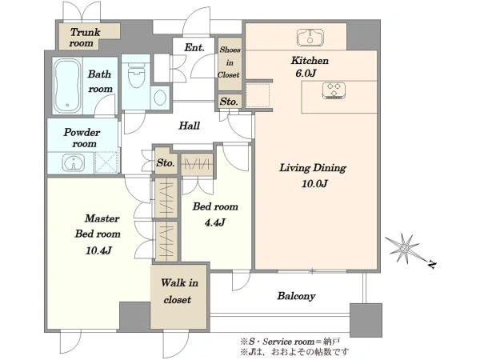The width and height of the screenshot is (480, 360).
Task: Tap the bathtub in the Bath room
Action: [67, 86]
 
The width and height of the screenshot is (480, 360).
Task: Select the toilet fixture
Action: [136, 75]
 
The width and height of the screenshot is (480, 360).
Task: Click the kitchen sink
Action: [310, 38]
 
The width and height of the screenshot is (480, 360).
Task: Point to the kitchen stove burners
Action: [334, 90]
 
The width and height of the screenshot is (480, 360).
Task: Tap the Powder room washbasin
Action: [74, 162]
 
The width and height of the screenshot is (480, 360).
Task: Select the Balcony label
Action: [296, 296]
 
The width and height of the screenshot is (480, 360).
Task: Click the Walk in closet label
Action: [179, 291]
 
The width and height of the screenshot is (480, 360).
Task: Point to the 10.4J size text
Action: [98, 250]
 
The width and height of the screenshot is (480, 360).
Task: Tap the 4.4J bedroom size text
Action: [214, 222]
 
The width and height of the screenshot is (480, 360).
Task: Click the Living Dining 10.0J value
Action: [314, 184]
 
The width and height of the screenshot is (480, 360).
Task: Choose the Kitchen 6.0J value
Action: [306, 74]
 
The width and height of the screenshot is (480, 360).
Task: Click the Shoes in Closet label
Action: [230, 62]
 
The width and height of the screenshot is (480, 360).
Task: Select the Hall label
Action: [189, 126]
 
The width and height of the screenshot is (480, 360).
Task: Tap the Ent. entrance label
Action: [194, 47]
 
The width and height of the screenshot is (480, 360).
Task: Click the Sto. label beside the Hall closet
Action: [166, 162]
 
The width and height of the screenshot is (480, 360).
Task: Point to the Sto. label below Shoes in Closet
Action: [229, 102]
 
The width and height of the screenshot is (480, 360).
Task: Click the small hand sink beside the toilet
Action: [160, 98]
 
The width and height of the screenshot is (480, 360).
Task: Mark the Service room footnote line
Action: [290, 342]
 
